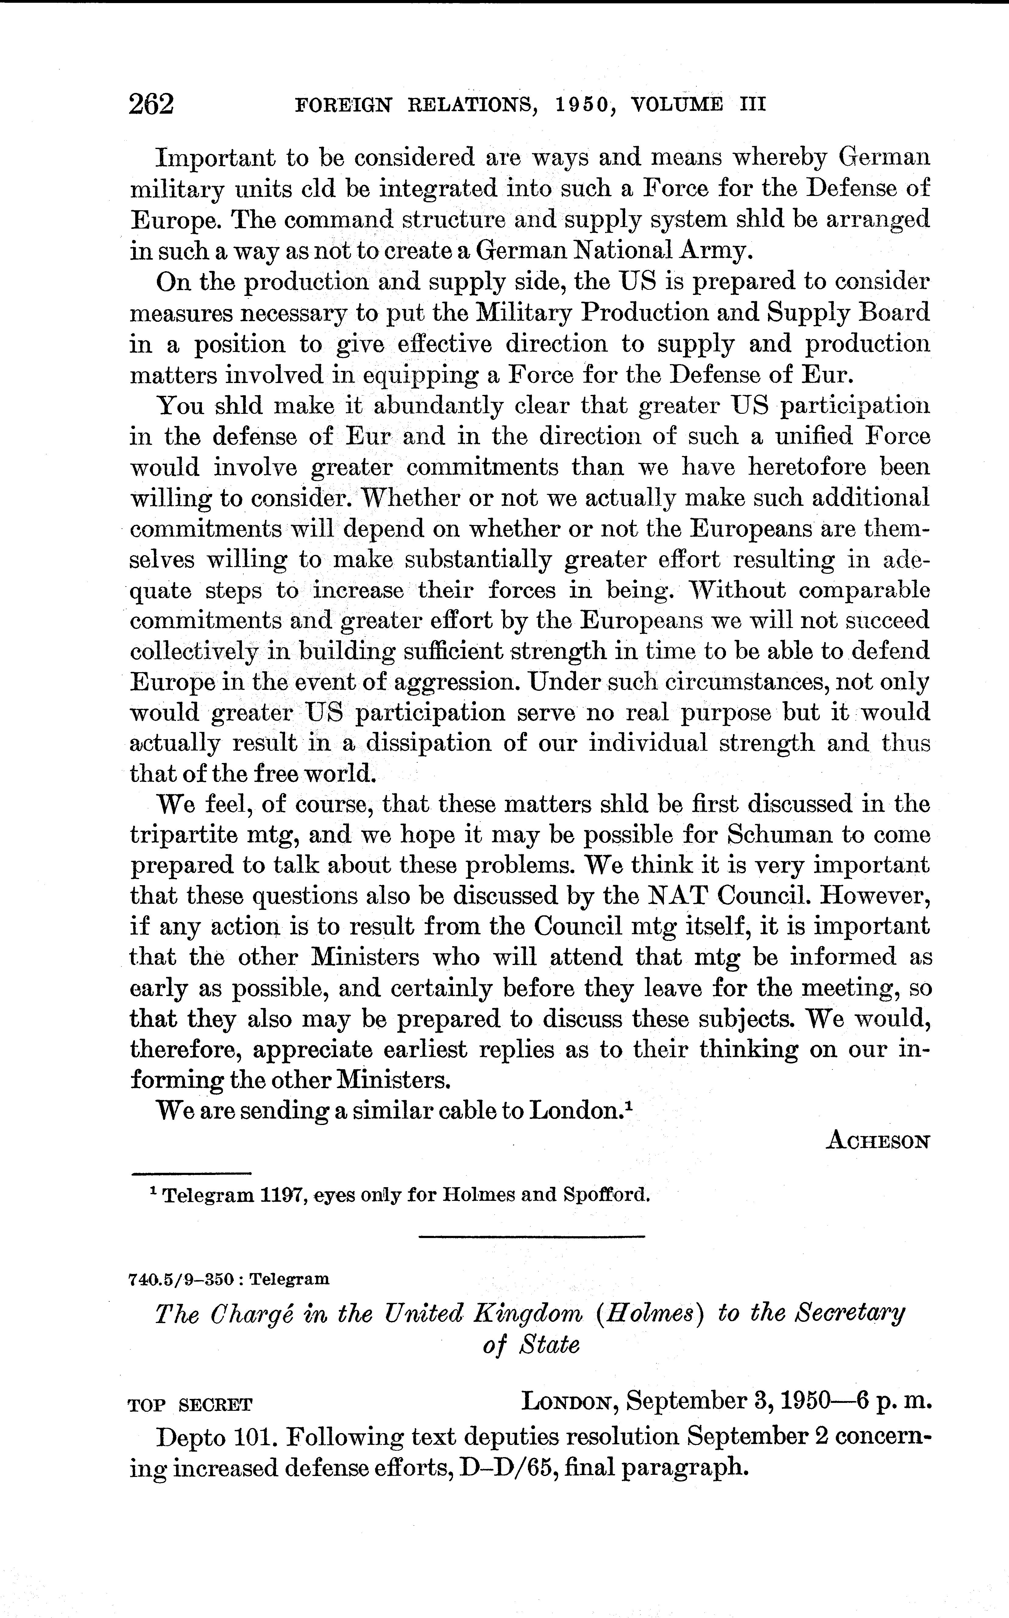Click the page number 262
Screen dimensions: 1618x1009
point(151,105)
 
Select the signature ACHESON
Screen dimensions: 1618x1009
point(877,1141)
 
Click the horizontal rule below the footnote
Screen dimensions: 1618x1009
point(532,1237)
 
